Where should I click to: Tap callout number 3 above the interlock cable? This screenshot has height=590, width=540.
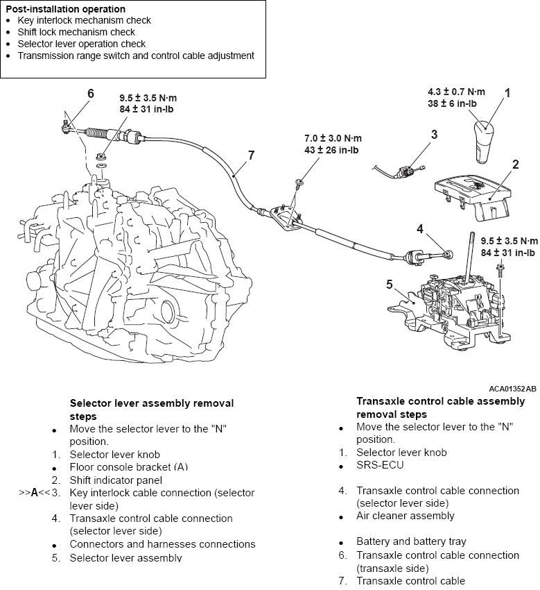point(434,135)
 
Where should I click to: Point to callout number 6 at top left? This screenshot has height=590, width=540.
point(90,93)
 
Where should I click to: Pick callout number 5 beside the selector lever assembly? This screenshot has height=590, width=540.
point(390,283)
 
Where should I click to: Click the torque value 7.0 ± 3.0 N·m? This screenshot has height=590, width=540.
point(333,138)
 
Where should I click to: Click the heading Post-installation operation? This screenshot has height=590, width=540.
point(66,9)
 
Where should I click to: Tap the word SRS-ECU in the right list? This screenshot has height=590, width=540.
point(380,465)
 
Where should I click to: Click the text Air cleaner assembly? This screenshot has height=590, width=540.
point(406,516)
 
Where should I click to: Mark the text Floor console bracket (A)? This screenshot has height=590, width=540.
point(129,466)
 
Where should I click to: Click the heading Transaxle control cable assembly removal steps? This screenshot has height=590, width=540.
point(430,407)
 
